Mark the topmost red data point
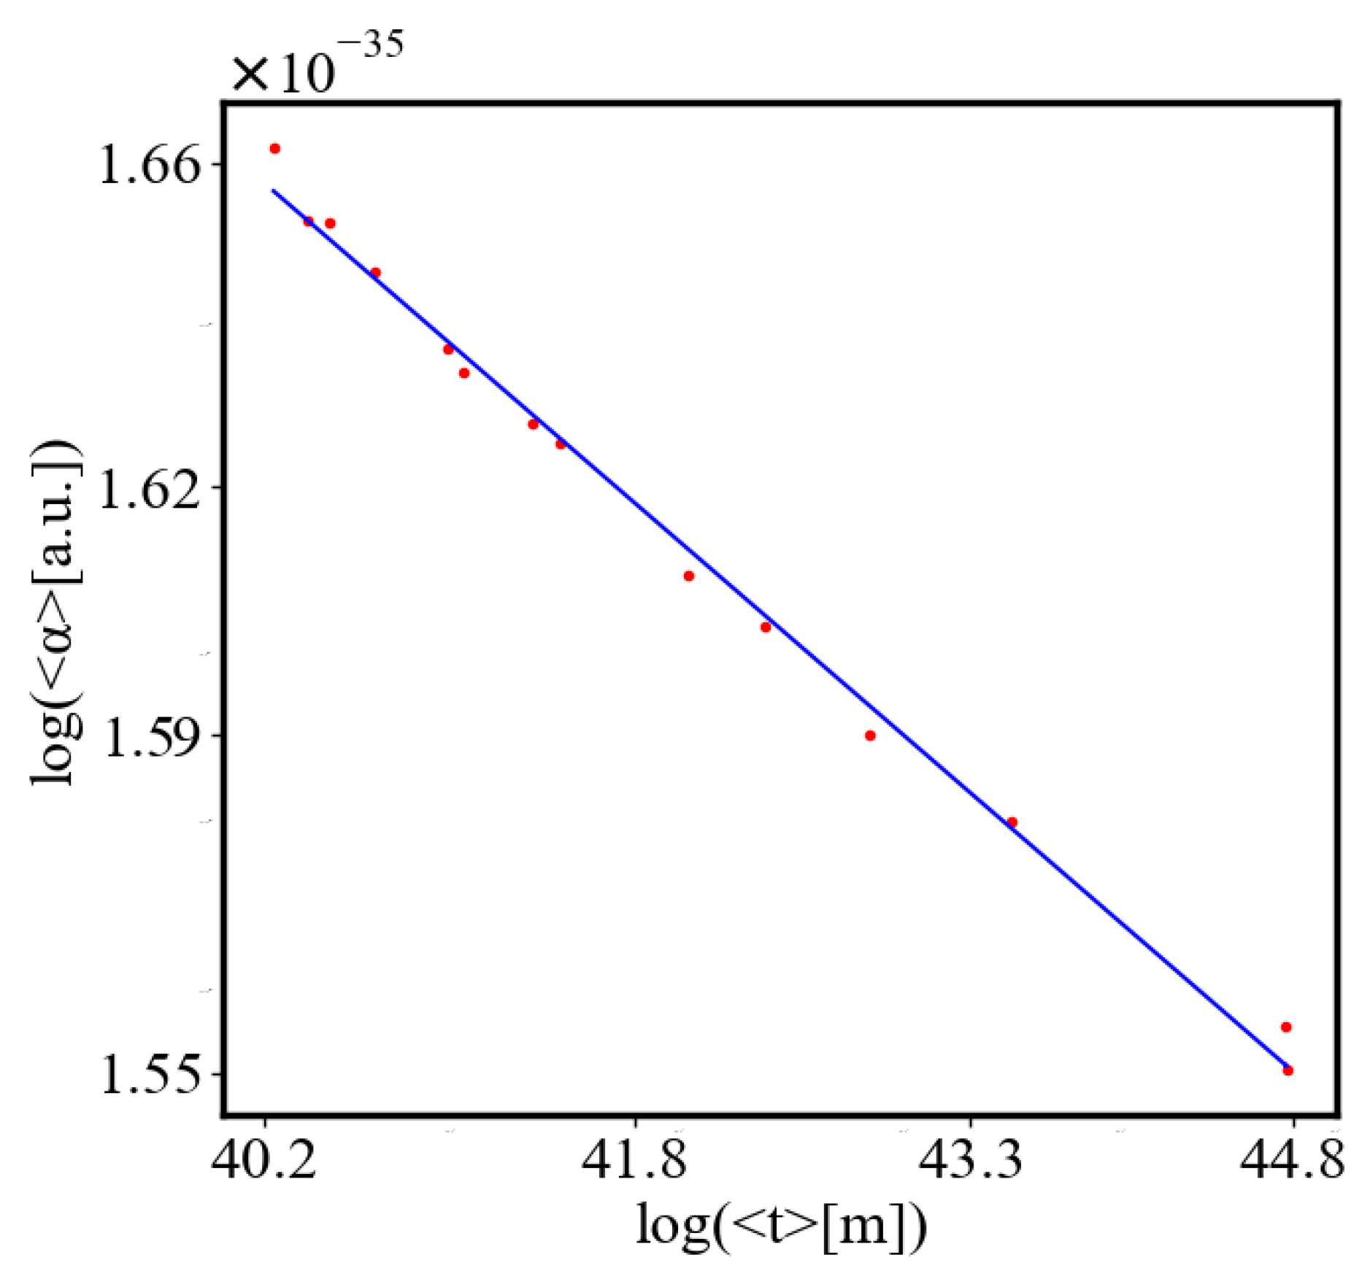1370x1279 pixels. [x=275, y=149]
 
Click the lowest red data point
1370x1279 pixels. [x=1288, y=1070]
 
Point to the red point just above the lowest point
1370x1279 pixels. [x=1286, y=1027]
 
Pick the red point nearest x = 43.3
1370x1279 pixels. [x=1012, y=822]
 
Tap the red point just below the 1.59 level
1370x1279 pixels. [x=870, y=735]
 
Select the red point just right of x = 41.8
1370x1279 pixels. [x=688, y=576]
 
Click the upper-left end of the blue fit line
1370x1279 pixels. [x=273, y=190]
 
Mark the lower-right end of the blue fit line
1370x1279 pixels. [x=1287, y=1067]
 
